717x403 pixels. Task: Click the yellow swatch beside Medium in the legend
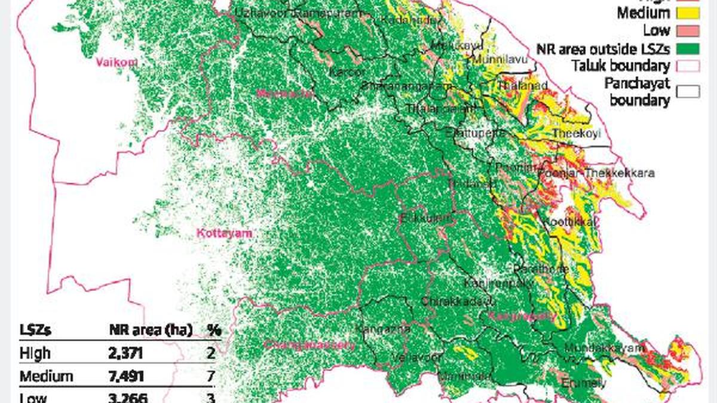(683, 12)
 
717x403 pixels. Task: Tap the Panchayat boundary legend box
(683, 91)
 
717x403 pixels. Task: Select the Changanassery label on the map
(310, 344)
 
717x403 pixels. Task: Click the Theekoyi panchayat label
(576, 133)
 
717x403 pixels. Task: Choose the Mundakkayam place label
(614, 347)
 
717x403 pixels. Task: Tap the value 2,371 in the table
(126, 353)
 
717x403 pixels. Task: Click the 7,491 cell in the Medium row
(126, 377)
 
